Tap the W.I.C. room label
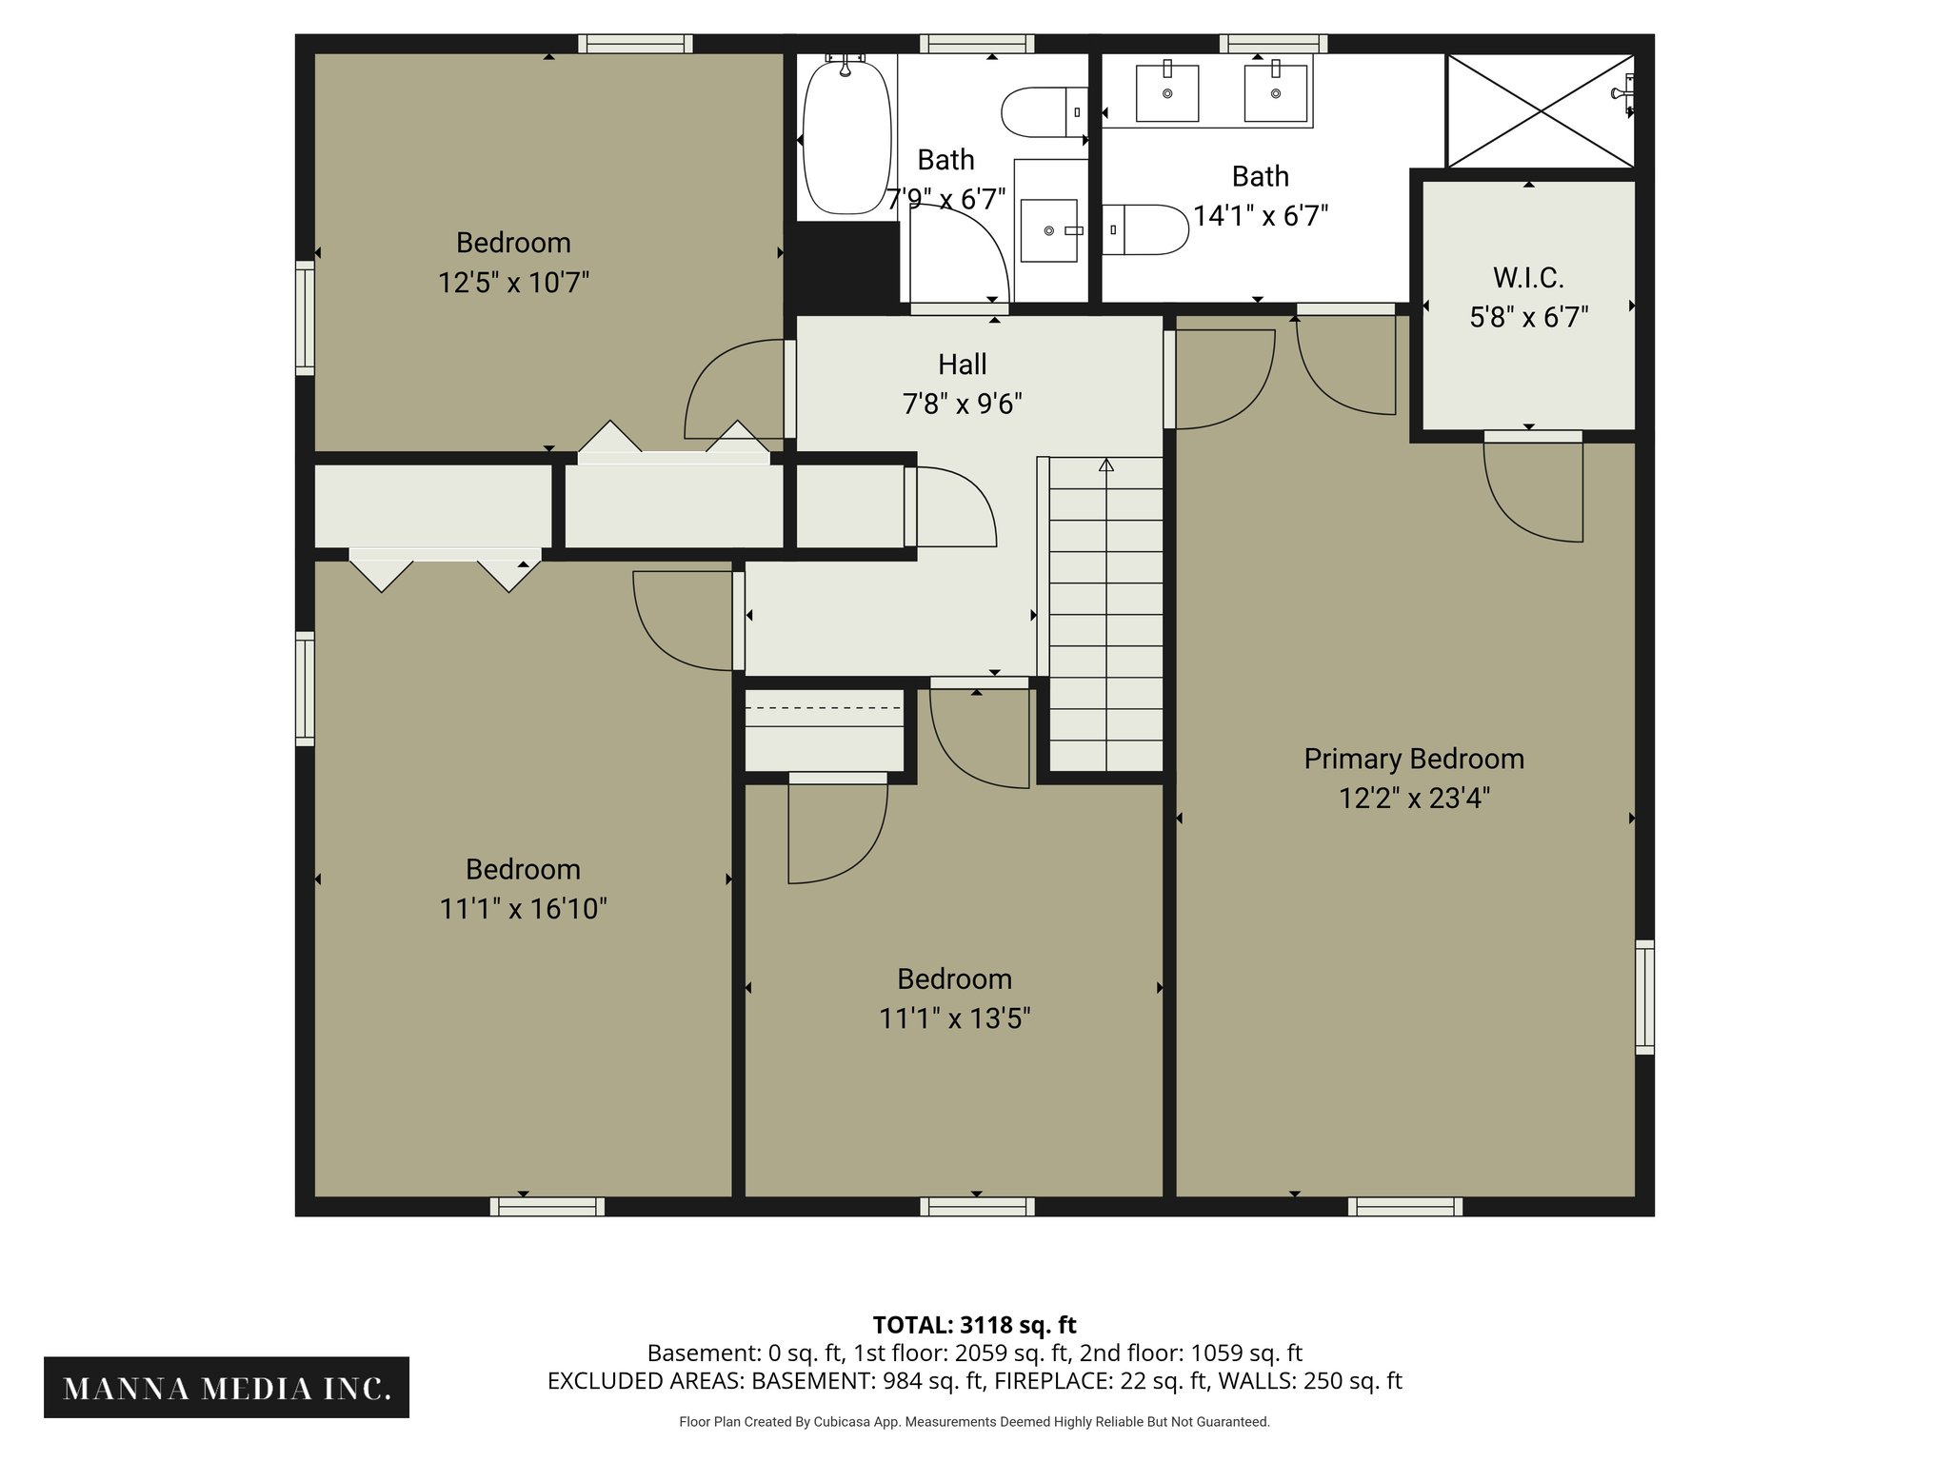[1528, 278]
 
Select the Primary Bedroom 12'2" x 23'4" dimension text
[1414, 798]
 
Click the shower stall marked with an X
[1540, 110]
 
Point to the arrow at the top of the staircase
[1105, 466]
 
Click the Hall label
[962, 365]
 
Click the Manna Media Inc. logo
[227, 1388]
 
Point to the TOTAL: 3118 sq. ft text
[974, 1325]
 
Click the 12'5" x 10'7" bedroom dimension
[513, 283]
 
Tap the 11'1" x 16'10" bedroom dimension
[523, 909]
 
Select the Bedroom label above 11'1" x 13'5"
[954, 978]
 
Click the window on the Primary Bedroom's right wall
[1644, 997]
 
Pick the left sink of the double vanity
[1167, 93]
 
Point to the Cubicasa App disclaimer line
[974, 1422]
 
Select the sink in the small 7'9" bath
[1049, 230]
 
